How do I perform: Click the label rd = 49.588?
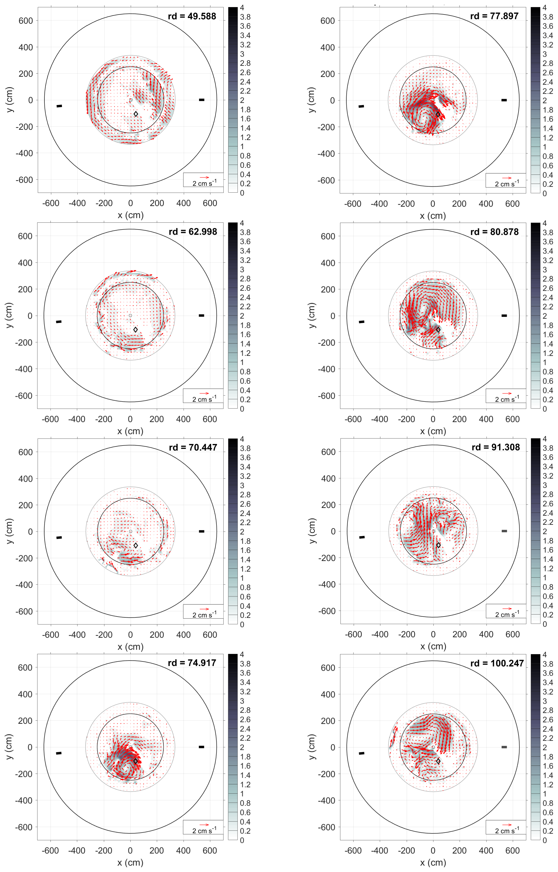pyautogui.click(x=192, y=16)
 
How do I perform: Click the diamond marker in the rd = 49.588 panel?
pyautogui.click(x=136, y=114)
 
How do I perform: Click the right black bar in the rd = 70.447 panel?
pyautogui.click(x=202, y=531)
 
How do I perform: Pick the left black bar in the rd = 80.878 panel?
pyautogui.click(x=361, y=321)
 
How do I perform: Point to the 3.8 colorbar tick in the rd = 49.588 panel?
pyautogui.click(x=245, y=17)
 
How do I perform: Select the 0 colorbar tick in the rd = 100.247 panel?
pyautogui.click(x=545, y=840)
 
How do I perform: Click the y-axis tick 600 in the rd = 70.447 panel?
pyautogui.click(x=25, y=452)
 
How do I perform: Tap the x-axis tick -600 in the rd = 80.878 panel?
pyautogui.click(x=353, y=419)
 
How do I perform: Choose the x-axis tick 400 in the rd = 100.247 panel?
pyautogui.click(x=486, y=851)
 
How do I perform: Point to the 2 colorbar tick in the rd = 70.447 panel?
pyautogui.click(x=242, y=532)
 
